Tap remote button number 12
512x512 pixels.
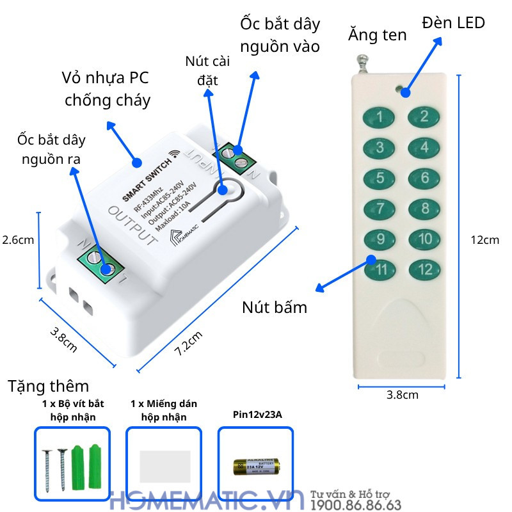click(x=424, y=269)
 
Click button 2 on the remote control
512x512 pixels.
click(x=424, y=116)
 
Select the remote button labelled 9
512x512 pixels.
click(x=380, y=239)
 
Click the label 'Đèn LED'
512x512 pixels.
click(x=453, y=24)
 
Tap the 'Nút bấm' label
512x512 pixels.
click(x=275, y=307)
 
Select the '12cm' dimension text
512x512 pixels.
click(x=484, y=240)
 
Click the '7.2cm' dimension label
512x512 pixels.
click(x=189, y=344)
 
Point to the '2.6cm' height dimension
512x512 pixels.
click(x=17, y=240)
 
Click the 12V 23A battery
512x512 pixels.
click(x=256, y=467)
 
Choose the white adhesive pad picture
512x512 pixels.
click(x=164, y=466)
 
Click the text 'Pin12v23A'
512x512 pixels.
click(x=257, y=415)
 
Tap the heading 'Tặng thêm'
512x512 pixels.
click(x=49, y=387)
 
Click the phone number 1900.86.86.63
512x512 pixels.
click(x=356, y=506)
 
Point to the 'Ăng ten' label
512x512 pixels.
click(x=378, y=35)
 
